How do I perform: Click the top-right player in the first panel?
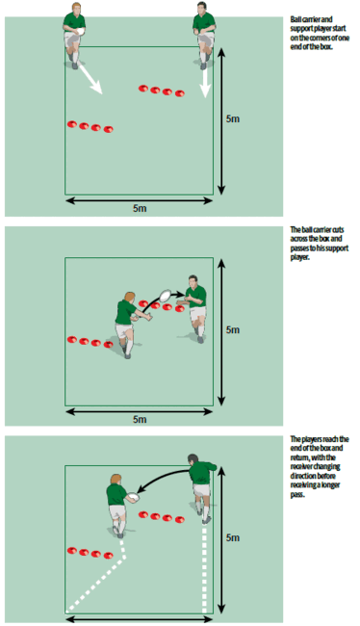[x=203, y=24]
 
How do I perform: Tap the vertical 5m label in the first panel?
[x=234, y=118]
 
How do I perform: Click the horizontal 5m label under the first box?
[x=141, y=208]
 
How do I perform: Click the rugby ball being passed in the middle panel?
[x=166, y=296]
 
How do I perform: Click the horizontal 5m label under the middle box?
[x=141, y=419]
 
